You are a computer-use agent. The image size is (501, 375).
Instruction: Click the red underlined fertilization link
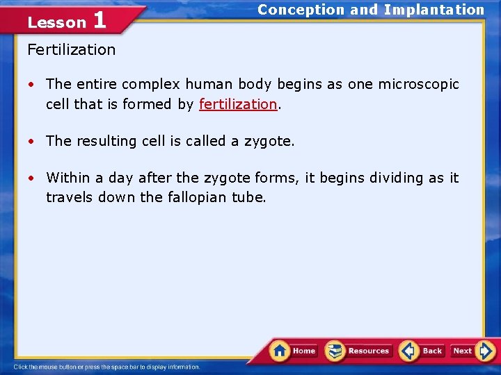pos(238,104)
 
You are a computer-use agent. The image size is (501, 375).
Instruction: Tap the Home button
pos(294,351)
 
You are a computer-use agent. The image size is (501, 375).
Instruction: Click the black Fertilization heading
pos(71,50)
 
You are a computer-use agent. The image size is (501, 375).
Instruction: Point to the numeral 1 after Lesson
pos(100,20)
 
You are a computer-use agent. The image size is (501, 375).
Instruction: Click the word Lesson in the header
pos(56,22)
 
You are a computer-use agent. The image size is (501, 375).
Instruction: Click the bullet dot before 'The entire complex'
pos(32,85)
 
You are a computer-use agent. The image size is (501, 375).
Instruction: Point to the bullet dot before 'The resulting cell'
pos(32,142)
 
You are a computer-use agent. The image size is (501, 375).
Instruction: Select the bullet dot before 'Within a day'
pos(32,178)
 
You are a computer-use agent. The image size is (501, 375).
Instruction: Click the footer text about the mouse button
pos(107,367)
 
